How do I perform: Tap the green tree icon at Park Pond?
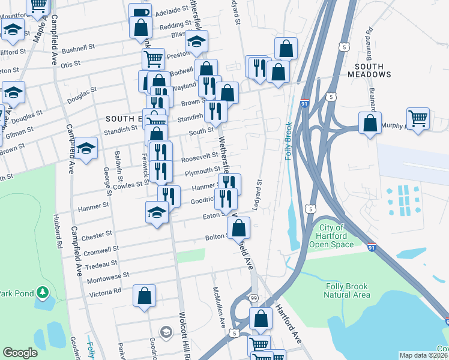click(x=42, y=292)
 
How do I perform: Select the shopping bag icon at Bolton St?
click(x=239, y=227)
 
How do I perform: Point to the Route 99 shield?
click(x=254, y=298)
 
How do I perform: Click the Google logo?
click(x=20, y=353)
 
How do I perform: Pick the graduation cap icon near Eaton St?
click(x=157, y=212)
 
